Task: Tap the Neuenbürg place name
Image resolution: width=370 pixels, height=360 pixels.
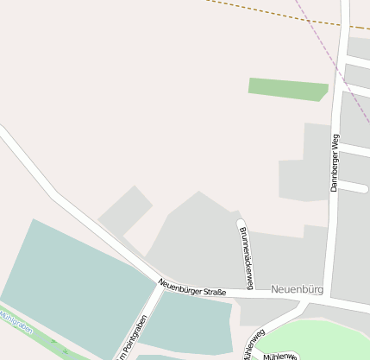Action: pyautogui.click(x=296, y=289)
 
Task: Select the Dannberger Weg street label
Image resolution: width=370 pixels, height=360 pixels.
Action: pyautogui.click(x=335, y=162)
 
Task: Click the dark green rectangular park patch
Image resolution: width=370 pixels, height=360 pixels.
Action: pyautogui.click(x=287, y=88)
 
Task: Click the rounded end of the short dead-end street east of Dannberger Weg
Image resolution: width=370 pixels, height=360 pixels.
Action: pyautogui.click(x=365, y=186)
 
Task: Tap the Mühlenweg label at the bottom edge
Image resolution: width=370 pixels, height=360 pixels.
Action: pyautogui.click(x=280, y=356)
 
